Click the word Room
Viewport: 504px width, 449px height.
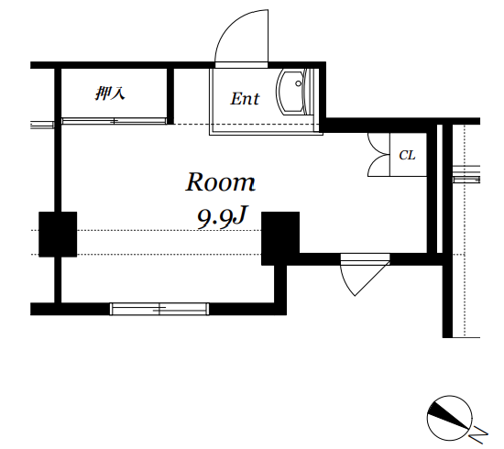[221, 182]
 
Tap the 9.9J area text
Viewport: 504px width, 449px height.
[222, 217]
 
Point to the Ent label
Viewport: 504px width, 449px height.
[245, 99]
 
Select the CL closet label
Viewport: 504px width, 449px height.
[407, 155]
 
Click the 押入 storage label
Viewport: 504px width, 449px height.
[110, 93]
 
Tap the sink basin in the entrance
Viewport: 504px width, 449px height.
[290, 92]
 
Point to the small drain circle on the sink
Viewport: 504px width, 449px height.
[299, 83]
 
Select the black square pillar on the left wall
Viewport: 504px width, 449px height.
[58, 234]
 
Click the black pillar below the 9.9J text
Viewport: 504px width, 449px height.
[280, 238]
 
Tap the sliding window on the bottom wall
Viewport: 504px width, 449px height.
[159, 309]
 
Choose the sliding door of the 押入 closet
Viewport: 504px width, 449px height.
[115, 121]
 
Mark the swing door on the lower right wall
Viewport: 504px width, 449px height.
[365, 275]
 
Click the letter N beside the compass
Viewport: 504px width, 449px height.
[478, 434]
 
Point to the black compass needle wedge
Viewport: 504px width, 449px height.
[448, 415]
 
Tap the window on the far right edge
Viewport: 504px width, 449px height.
[466, 174]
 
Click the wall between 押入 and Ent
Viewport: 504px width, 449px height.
[170, 96]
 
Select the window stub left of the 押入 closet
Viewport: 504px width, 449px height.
[42, 125]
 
